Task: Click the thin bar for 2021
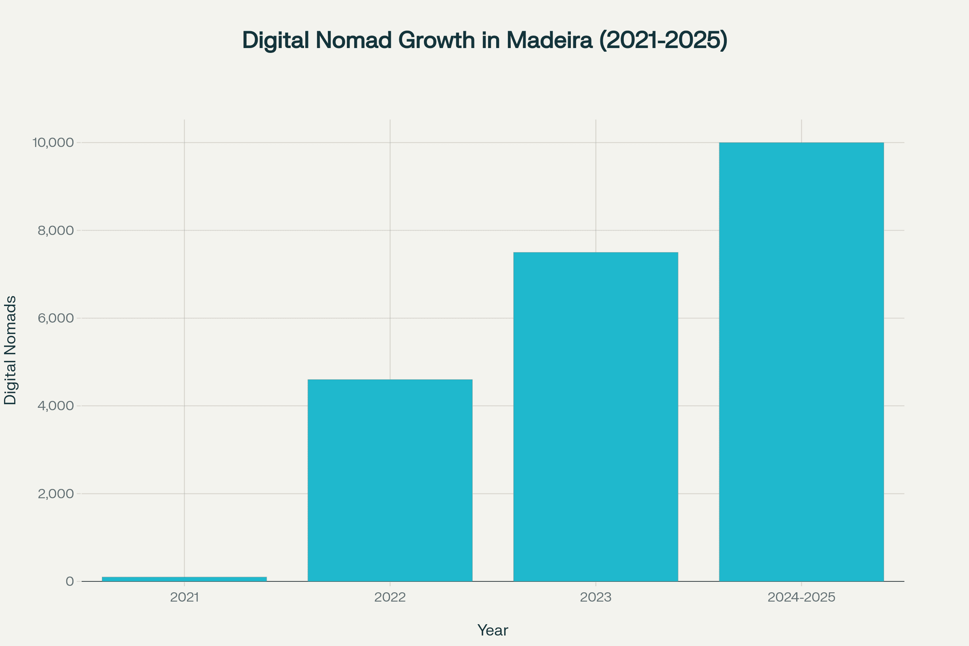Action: pos(184,579)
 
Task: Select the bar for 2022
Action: pos(390,480)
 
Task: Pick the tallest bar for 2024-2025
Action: pos(801,362)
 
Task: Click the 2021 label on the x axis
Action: pos(184,598)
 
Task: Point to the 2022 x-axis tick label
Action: pos(390,598)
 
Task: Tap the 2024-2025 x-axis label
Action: pos(801,598)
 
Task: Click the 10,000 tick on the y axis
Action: pos(53,143)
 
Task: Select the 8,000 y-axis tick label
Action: pos(56,231)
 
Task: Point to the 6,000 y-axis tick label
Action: pos(56,319)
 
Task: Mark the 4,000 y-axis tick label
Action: pos(56,406)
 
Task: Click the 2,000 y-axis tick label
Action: pos(56,494)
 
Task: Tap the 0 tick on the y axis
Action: pos(69,582)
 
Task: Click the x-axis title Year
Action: pos(492,631)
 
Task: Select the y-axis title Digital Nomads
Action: pos(10,350)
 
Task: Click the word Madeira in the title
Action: pos(549,40)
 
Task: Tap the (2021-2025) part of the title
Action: pos(663,40)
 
